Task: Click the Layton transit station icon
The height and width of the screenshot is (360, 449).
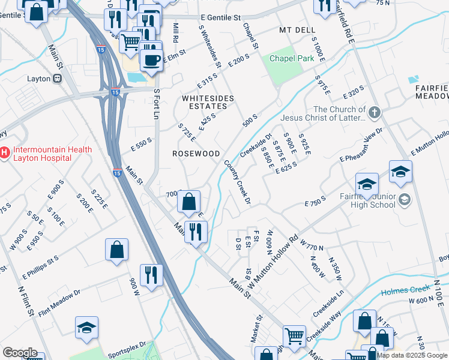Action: tap(58, 78)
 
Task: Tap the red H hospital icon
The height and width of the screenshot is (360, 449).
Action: tap(5, 154)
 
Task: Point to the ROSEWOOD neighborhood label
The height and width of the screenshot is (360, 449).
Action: tap(196, 154)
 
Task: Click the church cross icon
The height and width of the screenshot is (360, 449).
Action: tap(375, 112)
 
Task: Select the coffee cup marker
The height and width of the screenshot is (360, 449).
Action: tap(151, 59)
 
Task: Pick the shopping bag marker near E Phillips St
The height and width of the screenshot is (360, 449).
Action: tap(116, 250)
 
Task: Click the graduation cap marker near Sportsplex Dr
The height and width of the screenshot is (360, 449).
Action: tap(87, 328)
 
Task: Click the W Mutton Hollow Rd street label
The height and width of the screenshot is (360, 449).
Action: tap(273, 254)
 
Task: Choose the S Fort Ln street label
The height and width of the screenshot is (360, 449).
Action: tap(157, 103)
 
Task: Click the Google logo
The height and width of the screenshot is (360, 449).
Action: tap(20, 353)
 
